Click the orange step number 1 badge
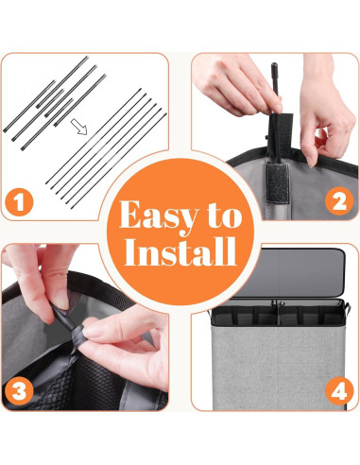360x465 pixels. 20,202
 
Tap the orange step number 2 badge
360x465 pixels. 339,201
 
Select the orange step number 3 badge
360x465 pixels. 20,391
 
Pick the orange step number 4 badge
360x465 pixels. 339,390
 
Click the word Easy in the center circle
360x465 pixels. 159,216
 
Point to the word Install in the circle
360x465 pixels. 180,251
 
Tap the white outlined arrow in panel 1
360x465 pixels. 78,127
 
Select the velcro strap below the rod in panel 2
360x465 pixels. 277,182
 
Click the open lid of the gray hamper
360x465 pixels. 289,272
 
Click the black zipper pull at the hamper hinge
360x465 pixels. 276,303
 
